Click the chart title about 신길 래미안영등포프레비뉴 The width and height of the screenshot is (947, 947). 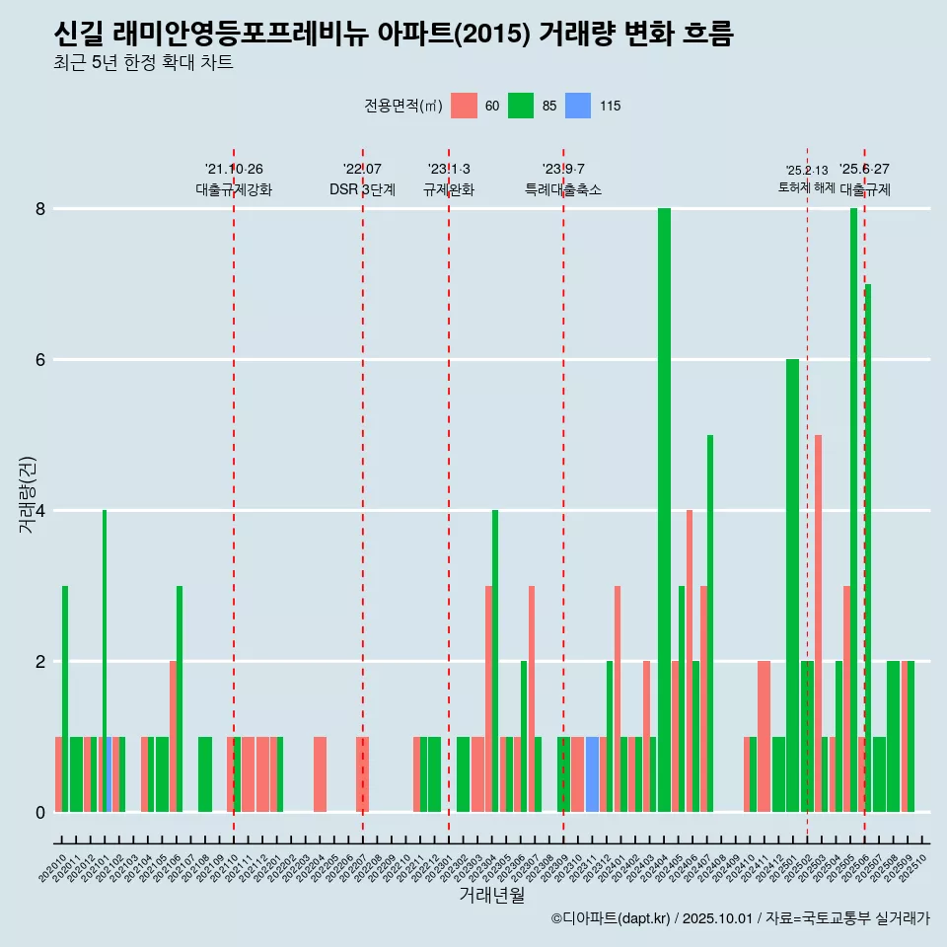[394, 35]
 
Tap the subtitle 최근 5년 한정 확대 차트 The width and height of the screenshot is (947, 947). [144, 63]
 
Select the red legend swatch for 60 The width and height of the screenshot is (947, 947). [464, 106]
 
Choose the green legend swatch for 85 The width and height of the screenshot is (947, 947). [521, 106]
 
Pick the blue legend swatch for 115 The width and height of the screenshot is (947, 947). [578, 106]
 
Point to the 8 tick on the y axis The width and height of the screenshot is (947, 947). [40, 209]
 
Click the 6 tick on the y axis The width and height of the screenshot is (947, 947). [40, 360]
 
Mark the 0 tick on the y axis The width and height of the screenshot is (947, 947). [40, 812]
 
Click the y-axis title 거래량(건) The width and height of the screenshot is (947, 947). [27, 494]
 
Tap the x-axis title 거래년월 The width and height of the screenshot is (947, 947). [491, 895]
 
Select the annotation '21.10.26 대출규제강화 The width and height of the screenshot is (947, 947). [234, 180]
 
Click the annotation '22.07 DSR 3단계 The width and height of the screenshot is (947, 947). [362, 180]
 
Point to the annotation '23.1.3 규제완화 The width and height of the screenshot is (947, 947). [449, 180]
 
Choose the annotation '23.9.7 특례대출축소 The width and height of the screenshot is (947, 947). [563, 180]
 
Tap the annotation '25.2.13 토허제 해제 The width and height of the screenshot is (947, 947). [807, 179]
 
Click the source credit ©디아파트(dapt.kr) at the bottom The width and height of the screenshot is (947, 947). [741, 918]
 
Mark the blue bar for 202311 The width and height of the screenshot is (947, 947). [592, 774]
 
